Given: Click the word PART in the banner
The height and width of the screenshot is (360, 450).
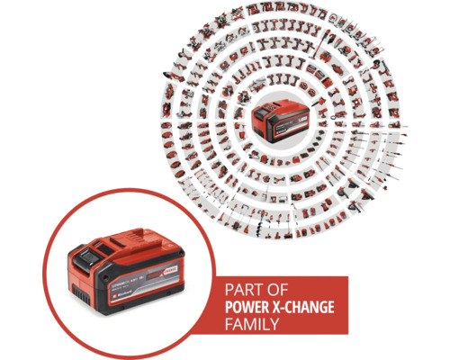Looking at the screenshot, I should point(228,291).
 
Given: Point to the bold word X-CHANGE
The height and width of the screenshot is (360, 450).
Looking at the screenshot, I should point(300,307).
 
